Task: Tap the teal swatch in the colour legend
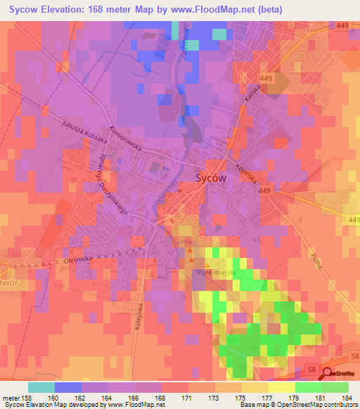pyautogui.click(x=41, y=387)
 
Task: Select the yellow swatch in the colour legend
pyautogui.click(x=281, y=387)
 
